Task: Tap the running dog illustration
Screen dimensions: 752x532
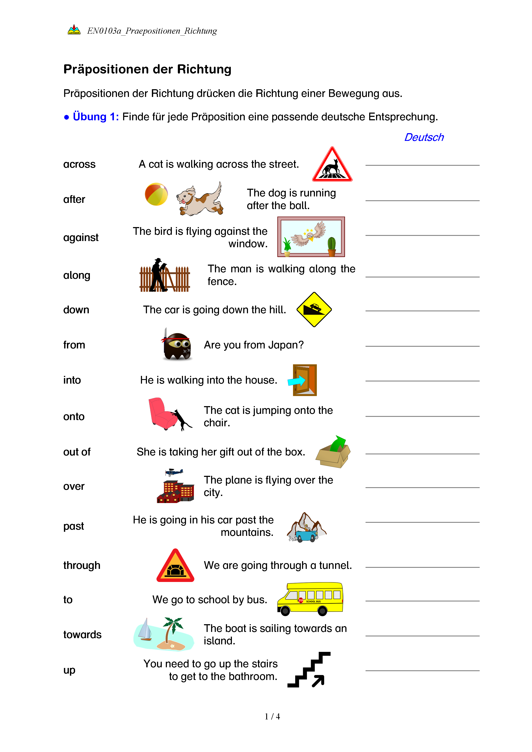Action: (200, 200)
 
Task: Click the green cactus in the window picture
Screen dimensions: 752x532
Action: (331, 245)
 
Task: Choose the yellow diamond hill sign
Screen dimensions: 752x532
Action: (314, 309)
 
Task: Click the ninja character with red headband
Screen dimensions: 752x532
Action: (177, 345)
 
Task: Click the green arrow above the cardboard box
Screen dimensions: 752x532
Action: (338, 444)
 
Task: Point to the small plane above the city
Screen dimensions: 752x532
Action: (174, 472)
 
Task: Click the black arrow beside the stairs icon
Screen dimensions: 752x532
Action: (318, 681)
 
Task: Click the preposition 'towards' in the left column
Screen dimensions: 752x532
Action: (82, 635)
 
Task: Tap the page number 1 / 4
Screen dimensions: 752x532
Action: (272, 717)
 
